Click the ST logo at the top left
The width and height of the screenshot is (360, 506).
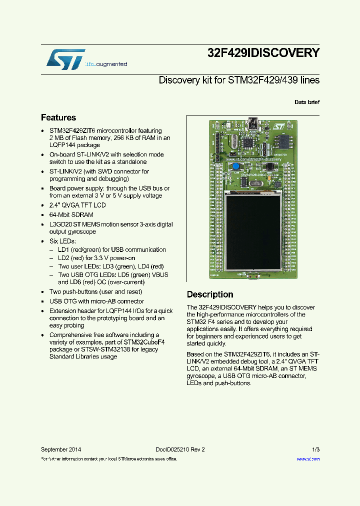65,59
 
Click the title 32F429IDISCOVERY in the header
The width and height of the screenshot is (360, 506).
263,53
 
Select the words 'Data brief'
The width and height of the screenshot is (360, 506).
306,102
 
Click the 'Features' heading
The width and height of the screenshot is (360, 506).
58,118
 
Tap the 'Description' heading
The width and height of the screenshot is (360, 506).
210,294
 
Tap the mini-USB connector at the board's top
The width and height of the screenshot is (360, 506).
252,122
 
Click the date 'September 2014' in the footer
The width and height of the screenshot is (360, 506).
61,449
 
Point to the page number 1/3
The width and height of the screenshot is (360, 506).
315,449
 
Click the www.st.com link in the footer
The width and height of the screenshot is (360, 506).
308,458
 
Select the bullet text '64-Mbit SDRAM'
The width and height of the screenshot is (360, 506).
71,214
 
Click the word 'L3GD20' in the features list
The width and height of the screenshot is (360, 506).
60,224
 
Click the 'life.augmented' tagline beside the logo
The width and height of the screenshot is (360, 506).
106,64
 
